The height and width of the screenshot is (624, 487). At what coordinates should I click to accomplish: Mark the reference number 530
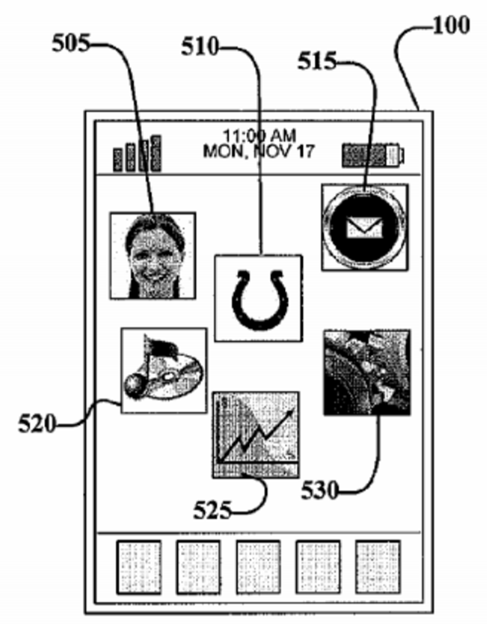point(322,490)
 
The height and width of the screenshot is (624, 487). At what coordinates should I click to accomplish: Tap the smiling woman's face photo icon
point(153,255)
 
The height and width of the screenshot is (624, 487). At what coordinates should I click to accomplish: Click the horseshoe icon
point(257,297)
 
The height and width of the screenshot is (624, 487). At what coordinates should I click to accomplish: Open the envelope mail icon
point(364,227)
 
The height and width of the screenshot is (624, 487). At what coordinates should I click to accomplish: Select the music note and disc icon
point(163,370)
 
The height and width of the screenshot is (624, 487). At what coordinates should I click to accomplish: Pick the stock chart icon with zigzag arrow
point(255,434)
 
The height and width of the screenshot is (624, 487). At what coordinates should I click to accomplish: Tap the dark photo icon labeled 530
point(366,372)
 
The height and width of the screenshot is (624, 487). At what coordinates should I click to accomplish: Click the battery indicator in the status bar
point(373,154)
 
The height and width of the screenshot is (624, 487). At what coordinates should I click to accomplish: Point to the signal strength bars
point(136,154)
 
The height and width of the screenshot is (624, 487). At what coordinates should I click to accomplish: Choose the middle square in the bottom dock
point(258,567)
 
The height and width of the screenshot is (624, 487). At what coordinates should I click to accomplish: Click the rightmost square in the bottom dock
point(377,567)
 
